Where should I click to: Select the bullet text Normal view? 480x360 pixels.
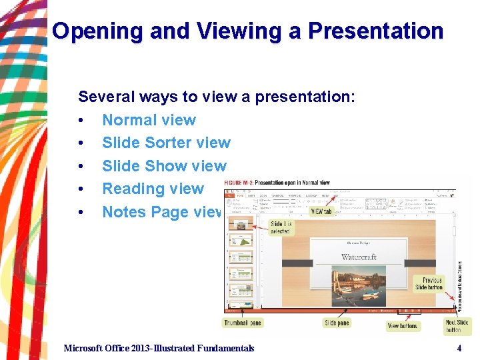click(149, 120)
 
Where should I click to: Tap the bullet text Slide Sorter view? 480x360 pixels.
click(166, 143)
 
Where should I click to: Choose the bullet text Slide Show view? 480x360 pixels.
click(164, 166)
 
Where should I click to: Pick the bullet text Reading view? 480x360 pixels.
click(153, 189)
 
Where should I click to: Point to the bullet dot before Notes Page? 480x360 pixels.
click(80, 213)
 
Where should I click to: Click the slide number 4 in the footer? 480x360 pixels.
click(459, 348)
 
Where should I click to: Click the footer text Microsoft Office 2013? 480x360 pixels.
click(159, 348)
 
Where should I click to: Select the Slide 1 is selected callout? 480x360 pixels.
click(280, 227)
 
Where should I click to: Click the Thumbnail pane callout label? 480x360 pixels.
click(242, 323)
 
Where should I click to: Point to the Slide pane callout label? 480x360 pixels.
click(337, 323)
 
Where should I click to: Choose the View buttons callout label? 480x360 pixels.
click(403, 326)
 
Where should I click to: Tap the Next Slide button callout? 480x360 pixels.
click(457, 326)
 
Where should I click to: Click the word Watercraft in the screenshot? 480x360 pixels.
click(359, 257)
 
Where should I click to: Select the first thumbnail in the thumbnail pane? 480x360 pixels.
click(241, 223)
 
